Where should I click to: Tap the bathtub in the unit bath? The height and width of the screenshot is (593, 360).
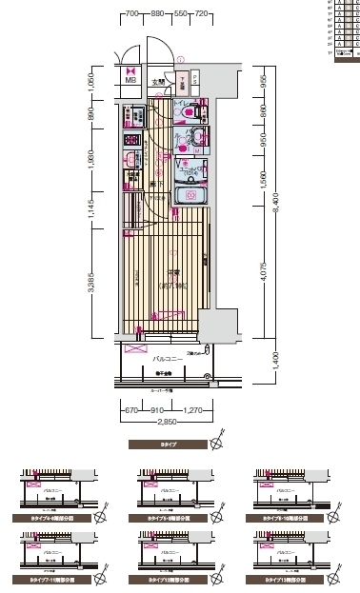(x=190, y=196)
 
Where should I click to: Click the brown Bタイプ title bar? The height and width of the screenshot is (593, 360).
(x=168, y=445)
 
